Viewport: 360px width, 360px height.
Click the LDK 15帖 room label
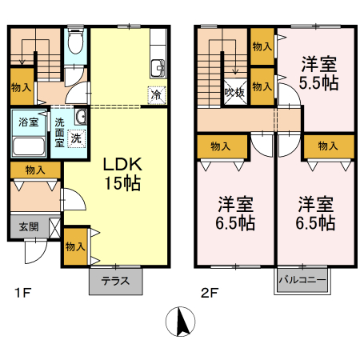click(x=122, y=174)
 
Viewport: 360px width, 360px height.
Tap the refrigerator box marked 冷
click(x=156, y=94)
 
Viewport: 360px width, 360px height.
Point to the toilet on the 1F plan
click(x=75, y=42)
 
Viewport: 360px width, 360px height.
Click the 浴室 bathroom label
click(x=29, y=123)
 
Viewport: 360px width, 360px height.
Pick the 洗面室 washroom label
click(x=59, y=133)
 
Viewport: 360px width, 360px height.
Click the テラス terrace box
click(x=114, y=282)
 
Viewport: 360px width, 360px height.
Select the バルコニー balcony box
click(x=302, y=282)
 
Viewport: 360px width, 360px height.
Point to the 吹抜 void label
click(x=235, y=93)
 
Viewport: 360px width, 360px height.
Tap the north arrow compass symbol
click(x=181, y=322)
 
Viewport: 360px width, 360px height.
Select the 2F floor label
click(x=209, y=293)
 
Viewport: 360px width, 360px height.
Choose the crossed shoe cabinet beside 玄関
click(x=53, y=226)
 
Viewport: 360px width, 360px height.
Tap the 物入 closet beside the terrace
click(x=76, y=246)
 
